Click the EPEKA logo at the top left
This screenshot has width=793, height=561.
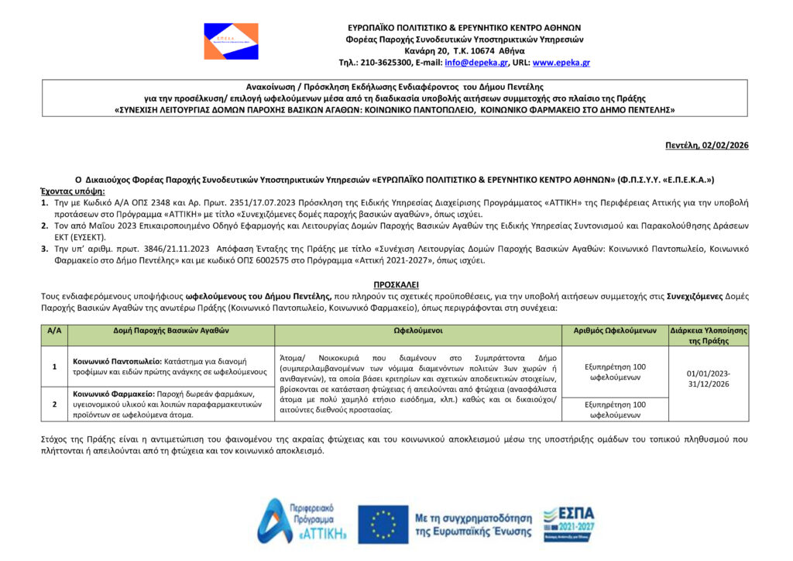point(231,40)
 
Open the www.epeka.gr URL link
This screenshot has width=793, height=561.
point(561,63)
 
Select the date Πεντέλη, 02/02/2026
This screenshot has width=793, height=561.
point(707,146)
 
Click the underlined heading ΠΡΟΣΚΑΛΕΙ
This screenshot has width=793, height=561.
point(396,285)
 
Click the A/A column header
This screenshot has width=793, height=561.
point(54,330)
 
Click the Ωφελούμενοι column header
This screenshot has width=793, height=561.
point(418,330)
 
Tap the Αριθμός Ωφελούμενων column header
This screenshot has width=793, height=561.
point(615,330)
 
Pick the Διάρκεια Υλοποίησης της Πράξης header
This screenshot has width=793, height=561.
point(708,336)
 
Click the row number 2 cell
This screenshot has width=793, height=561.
point(54,404)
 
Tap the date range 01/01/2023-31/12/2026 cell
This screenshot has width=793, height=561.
point(708,379)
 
